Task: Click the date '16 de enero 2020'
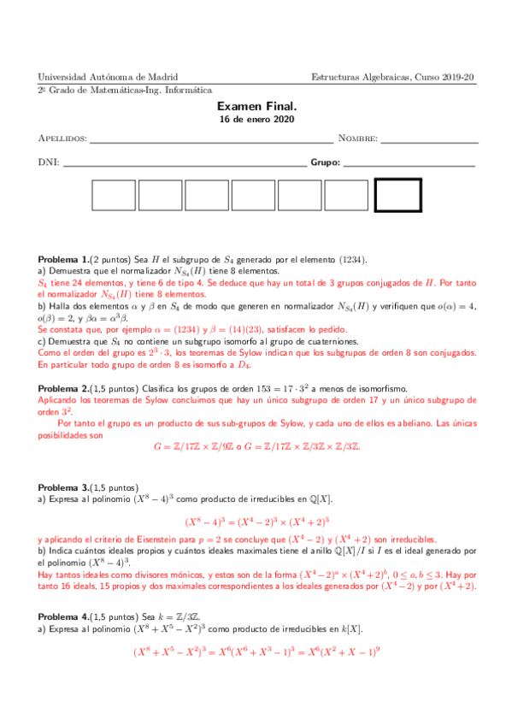pos(256,120)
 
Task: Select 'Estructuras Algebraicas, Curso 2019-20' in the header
pos(393,77)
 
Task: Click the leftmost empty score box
pos(114,196)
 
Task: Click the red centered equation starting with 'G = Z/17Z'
pos(256,446)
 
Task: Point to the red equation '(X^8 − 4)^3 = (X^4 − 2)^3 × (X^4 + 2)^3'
pos(256,521)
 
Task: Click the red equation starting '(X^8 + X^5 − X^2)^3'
pos(256,651)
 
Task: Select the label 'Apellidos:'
pos(63,139)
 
